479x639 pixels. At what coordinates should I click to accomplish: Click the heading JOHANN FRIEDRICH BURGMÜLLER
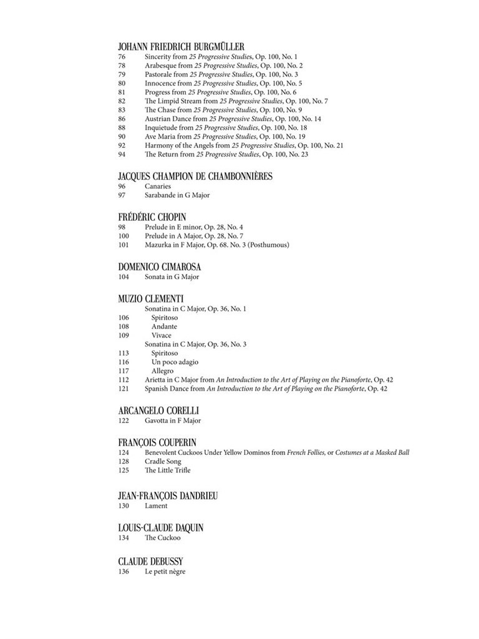tap(181, 46)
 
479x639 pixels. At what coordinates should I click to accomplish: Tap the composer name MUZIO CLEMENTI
tap(150, 298)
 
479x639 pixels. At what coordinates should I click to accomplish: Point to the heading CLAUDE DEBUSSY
tap(150, 561)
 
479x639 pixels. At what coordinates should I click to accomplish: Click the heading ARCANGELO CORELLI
tap(158, 411)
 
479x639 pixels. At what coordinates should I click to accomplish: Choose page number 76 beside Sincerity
tap(122, 57)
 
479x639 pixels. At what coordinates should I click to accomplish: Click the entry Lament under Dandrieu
tap(156, 505)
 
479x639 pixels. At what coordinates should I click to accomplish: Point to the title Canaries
tap(158, 186)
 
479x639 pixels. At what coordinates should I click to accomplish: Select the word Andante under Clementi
tap(164, 326)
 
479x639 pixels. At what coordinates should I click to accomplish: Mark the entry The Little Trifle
tap(167, 470)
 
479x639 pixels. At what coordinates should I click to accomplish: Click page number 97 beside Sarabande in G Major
tap(122, 195)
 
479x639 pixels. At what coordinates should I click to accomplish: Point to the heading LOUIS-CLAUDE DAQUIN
tap(161, 528)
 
